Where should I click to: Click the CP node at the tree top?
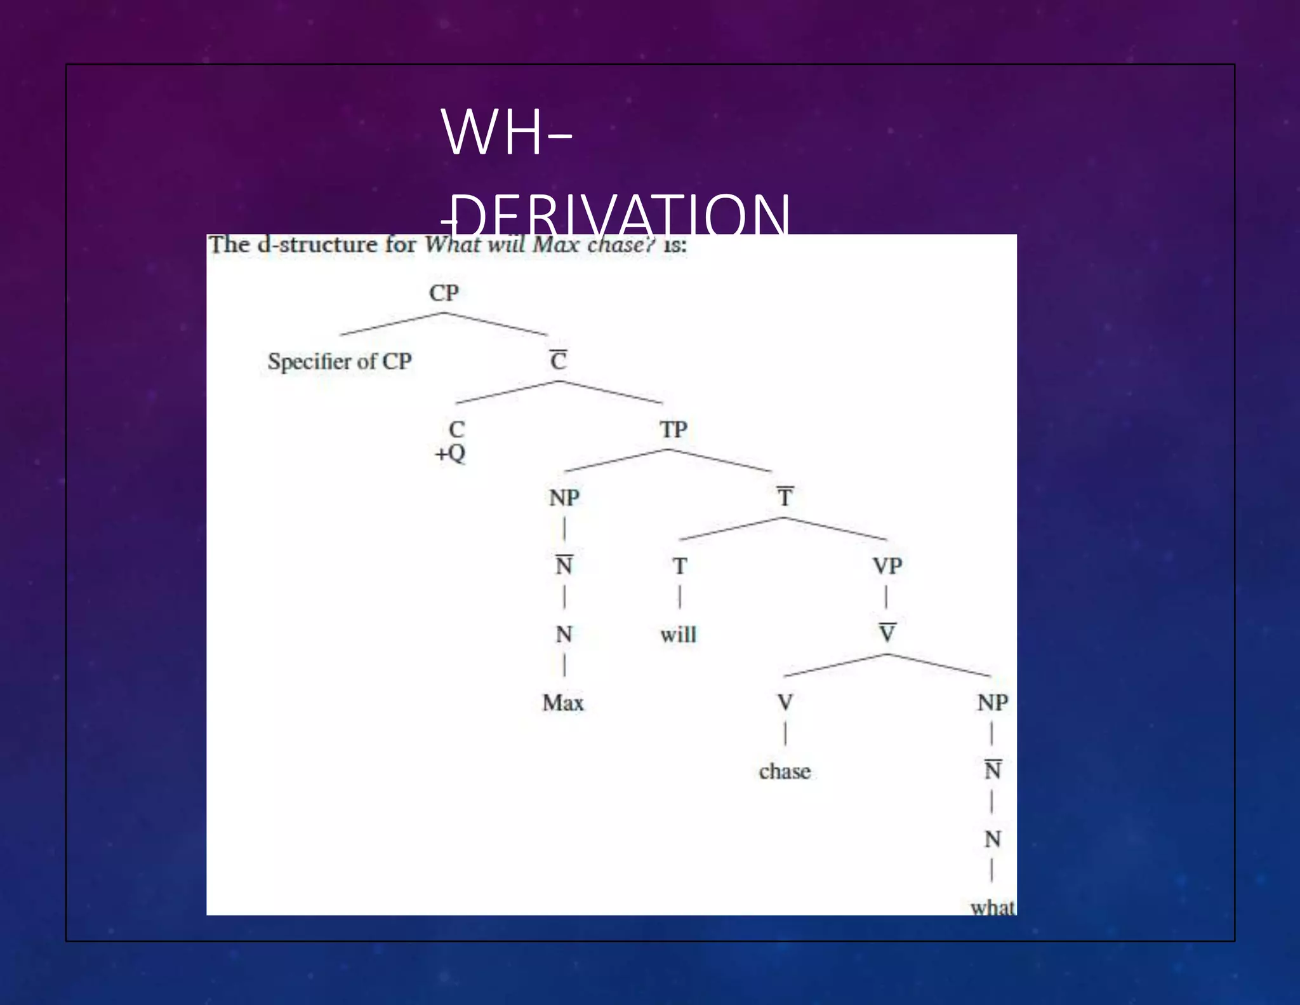(444, 293)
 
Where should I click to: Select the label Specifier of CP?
(340, 361)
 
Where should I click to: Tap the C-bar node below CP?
(558, 360)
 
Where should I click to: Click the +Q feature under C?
(450, 454)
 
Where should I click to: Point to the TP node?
(673, 429)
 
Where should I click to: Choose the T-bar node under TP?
(785, 497)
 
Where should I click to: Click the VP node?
(887, 565)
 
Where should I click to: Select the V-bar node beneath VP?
(887, 633)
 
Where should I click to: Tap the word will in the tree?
(678, 635)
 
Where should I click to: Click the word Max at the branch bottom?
(563, 703)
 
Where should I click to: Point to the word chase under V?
(785, 771)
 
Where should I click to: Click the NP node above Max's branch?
(564, 497)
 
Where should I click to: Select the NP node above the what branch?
(992, 703)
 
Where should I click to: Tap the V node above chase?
(785, 702)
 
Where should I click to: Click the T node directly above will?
(680, 565)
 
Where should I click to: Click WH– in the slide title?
(506, 132)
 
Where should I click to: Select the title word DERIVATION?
(622, 215)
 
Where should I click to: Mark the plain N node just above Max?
(564, 634)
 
